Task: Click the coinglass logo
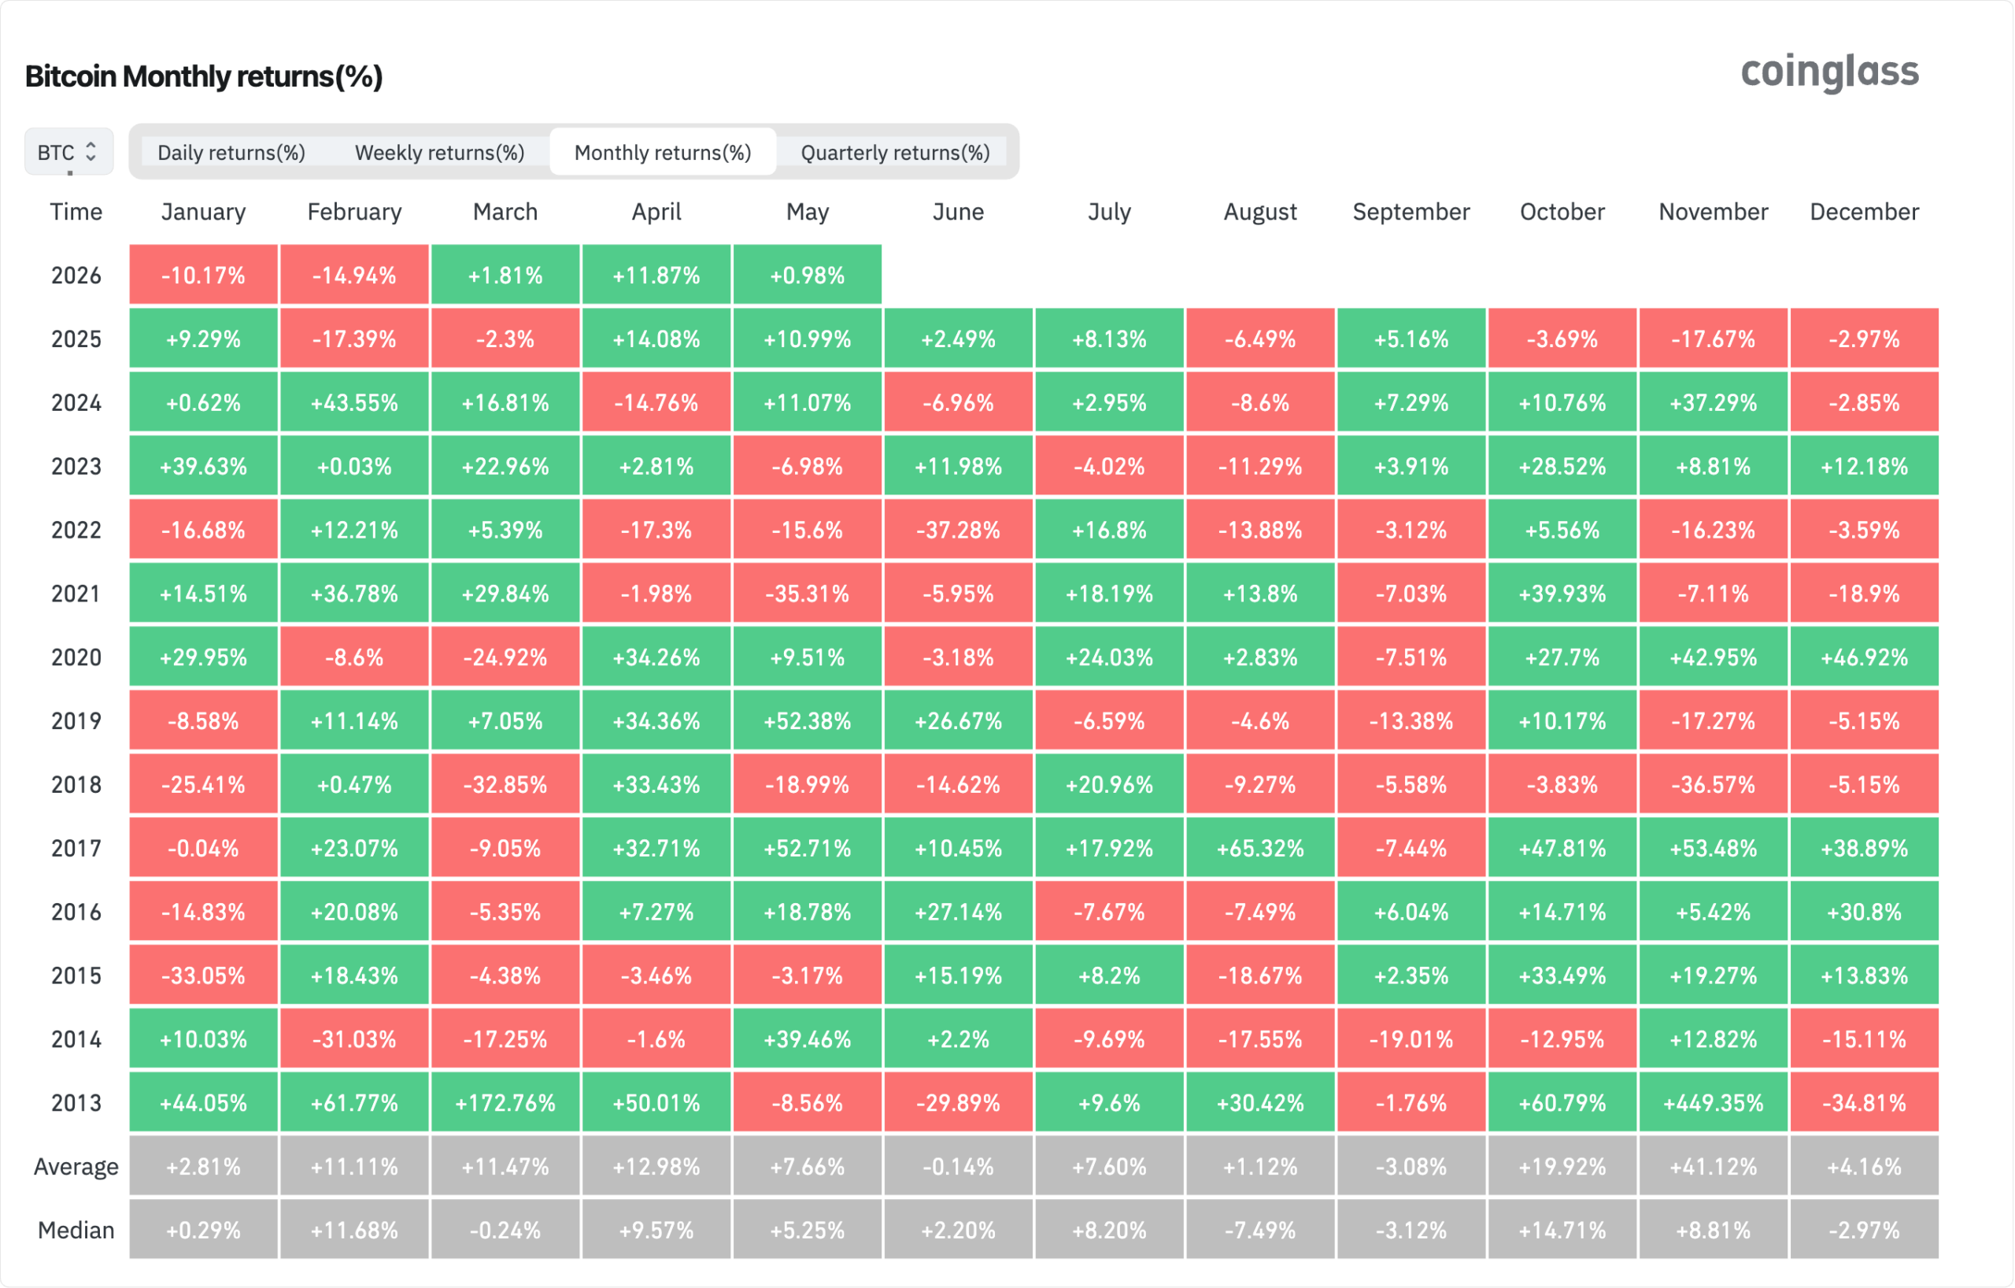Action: pos(1829,72)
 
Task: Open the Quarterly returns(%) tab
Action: pos(896,152)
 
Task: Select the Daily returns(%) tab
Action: pos(231,152)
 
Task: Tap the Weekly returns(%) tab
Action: pos(439,152)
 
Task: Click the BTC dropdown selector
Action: pos(68,152)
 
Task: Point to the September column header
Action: pos(1410,212)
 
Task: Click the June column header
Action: pos(958,212)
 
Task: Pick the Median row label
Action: pos(76,1231)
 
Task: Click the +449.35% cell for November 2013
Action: pos(1713,1103)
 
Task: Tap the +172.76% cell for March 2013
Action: pos(505,1103)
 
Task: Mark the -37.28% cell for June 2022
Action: pos(958,530)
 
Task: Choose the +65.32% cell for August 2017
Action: pos(1260,849)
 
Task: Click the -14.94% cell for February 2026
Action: pos(354,276)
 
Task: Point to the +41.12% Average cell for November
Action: pos(1713,1167)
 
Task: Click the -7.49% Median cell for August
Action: pos(1260,1231)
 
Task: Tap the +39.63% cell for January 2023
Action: pos(203,466)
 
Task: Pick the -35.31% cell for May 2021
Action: pos(808,594)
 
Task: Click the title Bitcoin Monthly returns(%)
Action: pos(204,76)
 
